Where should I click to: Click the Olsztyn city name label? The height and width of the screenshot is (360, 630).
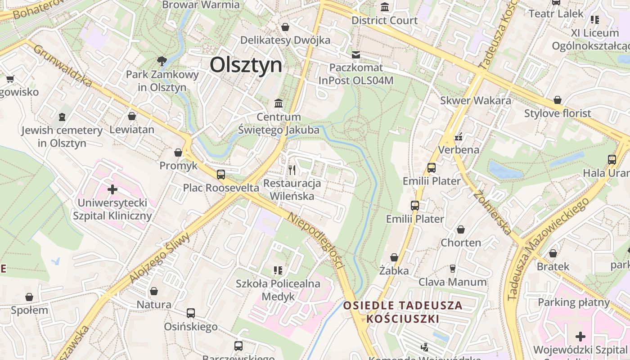click(246, 65)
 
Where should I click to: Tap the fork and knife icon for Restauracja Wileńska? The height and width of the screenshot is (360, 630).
click(292, 170)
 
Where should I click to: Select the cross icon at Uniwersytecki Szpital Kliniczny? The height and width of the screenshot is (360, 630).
click(112, 189)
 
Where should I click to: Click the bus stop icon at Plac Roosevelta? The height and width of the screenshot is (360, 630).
click(221, 174)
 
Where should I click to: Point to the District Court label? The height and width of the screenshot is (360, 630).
click(384, 20)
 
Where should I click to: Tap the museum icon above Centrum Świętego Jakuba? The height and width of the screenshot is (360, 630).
click(279, 103)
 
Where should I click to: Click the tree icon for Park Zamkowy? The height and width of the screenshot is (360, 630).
click(162, 61)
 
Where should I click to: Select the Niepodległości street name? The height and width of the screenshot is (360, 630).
click(316, 241)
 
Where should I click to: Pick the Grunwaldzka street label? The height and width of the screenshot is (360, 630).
click(63, 66)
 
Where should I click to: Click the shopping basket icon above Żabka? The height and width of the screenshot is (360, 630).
click(394, 257)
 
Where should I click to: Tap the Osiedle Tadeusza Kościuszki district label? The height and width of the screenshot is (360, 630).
click(403, 312)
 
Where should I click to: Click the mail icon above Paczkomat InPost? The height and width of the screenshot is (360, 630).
click(356, 55)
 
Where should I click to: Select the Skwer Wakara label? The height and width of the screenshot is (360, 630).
click(476, 100)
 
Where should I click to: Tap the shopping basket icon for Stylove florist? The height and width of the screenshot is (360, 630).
click(558, 100)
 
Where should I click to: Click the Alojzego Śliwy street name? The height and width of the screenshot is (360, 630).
click(160, 258)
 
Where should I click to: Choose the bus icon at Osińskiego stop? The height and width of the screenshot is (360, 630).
click(191, 313)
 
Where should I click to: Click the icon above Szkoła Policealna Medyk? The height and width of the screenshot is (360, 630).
click(278, 270)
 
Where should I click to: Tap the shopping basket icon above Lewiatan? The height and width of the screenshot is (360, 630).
click(132, 117)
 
